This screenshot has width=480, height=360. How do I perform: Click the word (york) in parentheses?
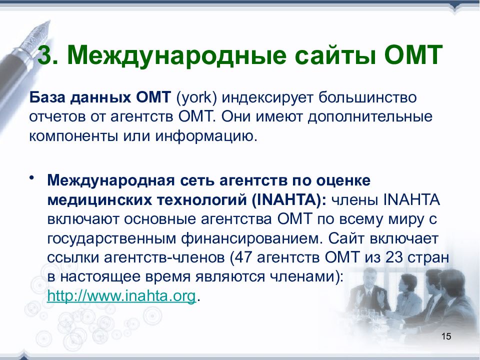[x=196, y=98]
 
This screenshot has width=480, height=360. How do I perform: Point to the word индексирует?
[x=267, y=98]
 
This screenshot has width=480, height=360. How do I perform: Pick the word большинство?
[x=367, y=97]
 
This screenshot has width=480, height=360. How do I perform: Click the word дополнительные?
[x=370, y=117]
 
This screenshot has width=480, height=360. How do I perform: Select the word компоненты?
[x=73, y=136]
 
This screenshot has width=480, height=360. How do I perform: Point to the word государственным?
[x=111, y=238]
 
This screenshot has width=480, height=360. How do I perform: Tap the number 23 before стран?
[x=393, y=257]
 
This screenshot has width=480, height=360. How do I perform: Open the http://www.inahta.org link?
[x=121, y=296]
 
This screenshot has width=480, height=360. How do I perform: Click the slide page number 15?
[x=446, y=336]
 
